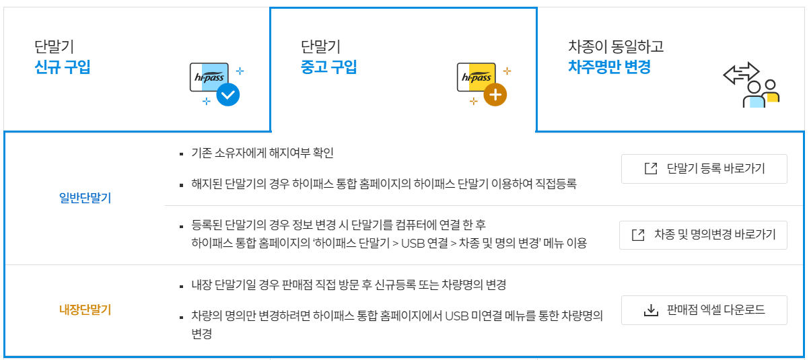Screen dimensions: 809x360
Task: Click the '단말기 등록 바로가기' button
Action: pos(704,168)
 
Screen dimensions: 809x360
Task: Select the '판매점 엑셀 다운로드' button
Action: pos(704,310)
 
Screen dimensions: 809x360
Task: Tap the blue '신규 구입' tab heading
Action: pos(62,67)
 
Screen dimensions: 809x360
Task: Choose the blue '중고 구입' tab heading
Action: pos(329,67)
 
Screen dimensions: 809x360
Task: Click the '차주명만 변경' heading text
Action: pos(610,67)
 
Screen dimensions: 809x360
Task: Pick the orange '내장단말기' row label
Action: pos(85,310)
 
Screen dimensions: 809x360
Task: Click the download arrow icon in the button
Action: pos(650,310)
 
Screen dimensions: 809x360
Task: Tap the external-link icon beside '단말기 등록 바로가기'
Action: pos(650,168)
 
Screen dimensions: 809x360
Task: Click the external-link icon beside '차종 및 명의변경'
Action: pos(638,235)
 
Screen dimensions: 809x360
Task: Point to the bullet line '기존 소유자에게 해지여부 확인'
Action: pos(262,153)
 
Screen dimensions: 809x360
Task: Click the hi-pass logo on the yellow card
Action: pos(476,77)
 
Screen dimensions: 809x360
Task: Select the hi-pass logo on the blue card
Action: pos(209,77)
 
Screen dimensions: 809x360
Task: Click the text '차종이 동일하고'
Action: pos(616,47)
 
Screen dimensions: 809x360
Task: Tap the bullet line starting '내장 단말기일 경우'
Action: pos(349,285)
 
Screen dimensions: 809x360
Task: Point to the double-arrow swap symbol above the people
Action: pos(740,73)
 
